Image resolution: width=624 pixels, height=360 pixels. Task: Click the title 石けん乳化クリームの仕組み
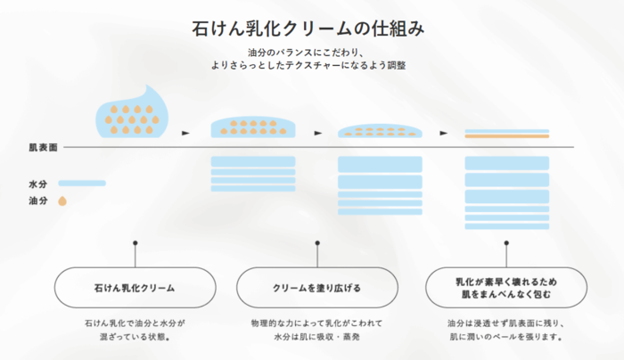click(308, 28)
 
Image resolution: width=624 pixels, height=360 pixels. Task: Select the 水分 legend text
click(37, 184)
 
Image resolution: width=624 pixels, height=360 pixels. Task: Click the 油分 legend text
click(37, 201)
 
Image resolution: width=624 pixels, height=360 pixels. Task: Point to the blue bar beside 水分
click(82, 184)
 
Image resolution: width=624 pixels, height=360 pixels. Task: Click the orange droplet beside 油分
click(62, 201)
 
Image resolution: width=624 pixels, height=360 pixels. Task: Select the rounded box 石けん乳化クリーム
click(135, 289)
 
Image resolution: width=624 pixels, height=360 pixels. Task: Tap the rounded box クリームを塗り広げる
click(316, 289)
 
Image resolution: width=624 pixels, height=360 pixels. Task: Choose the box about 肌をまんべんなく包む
click(505, 289)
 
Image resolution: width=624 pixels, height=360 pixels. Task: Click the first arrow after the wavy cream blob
click(185, 133)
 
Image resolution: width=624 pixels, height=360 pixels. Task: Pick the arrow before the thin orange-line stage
click(444, 133)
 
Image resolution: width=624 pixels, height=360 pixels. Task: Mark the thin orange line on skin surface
click(505, 137)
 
